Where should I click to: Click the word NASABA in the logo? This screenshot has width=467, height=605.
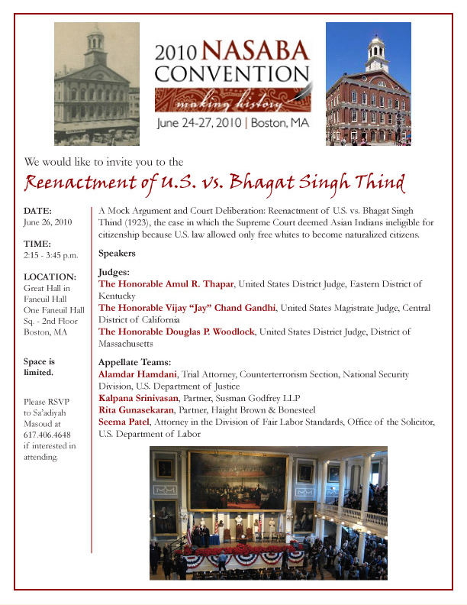[256, 53]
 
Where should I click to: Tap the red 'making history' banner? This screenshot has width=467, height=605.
[232, 101]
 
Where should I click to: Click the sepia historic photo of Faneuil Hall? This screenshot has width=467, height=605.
[97, 84]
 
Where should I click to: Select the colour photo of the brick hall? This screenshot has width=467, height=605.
[368, 84]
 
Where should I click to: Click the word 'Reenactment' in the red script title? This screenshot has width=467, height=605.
[87, 185]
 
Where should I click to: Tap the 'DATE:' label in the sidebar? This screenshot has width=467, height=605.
[38, 210]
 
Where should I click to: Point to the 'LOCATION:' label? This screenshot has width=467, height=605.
[50, 277]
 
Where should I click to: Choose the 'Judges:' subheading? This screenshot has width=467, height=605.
[114, 272]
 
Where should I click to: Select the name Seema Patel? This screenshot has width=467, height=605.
[126, 422]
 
